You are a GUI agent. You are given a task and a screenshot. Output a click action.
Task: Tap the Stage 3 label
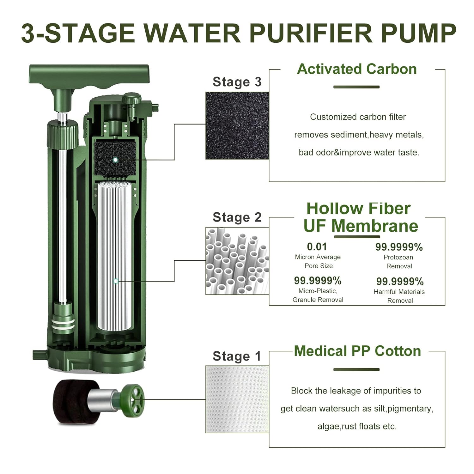coord(237,82)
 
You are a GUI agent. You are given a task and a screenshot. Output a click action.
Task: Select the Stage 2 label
coord(237,217)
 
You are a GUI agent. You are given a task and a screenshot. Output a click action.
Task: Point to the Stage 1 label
coord(237,356)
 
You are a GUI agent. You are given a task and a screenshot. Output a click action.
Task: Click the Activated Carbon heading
coord(357,69)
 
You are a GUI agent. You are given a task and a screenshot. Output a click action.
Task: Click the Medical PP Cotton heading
coord(357,351)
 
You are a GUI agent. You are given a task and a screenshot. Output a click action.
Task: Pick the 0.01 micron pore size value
coord(317,247)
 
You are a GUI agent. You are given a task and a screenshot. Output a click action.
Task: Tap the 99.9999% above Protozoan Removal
coord(399,247)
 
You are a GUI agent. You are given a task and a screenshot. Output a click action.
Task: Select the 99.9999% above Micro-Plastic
coord(318,281)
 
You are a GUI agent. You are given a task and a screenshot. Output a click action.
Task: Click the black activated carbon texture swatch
coord(237,125)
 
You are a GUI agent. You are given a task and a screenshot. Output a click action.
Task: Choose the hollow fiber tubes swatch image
coord(237,261)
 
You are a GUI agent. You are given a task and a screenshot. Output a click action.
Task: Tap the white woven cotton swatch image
coord(237,399)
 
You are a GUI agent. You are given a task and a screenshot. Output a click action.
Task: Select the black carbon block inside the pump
coord(115,158)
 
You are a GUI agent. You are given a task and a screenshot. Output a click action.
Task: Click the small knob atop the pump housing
coord(131,99)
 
